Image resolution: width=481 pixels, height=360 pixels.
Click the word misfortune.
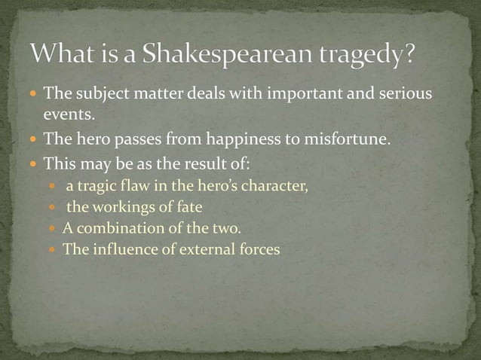[345, 139]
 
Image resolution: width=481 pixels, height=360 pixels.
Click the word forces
[258, 249]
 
